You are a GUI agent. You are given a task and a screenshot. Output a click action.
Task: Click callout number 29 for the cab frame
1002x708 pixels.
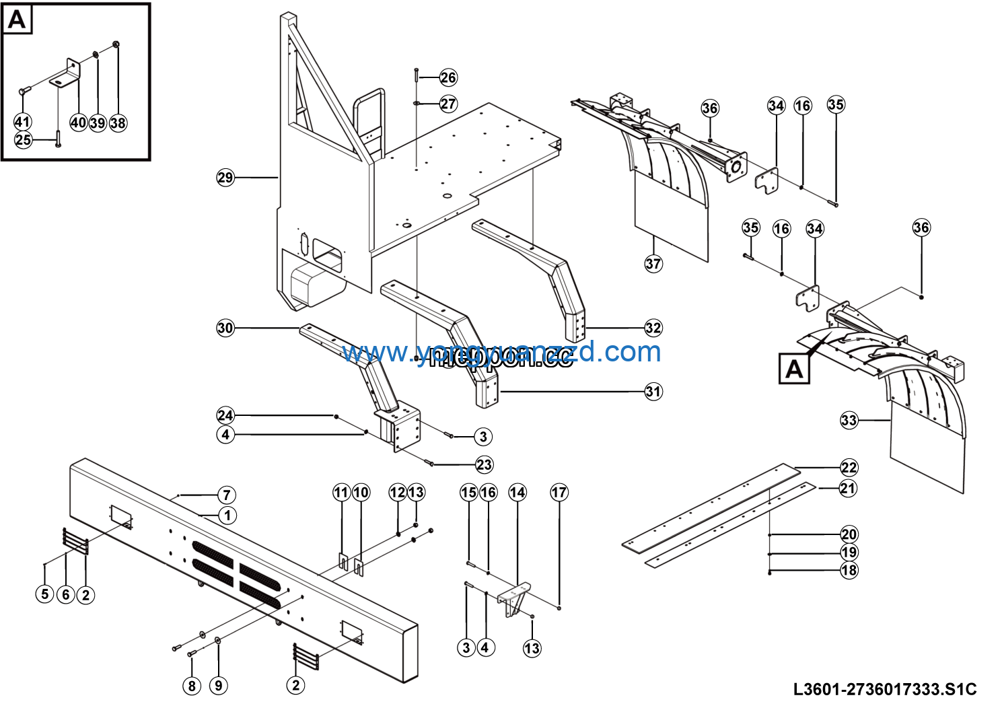pos(225,178)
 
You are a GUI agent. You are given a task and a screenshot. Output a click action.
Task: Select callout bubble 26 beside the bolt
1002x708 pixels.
pos(448,77)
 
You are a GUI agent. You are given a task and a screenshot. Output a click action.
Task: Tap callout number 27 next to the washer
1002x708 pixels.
pos(448,104)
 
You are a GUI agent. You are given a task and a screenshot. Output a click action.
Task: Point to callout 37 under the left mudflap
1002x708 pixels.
pos(653,263)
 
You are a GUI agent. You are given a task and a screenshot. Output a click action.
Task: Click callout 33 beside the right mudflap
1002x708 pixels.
pos(849,421)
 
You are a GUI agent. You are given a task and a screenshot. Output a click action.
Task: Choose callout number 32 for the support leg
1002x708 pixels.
pos(653,328)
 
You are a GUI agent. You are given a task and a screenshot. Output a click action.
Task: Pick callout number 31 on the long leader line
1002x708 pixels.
pos(653,391)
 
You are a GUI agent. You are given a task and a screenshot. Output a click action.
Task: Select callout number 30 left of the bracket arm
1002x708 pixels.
pos(225,328)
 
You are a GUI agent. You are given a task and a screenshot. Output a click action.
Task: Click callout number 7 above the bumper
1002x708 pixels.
pos(227,495)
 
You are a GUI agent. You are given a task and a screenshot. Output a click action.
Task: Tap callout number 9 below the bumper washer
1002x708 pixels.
pos(218,685)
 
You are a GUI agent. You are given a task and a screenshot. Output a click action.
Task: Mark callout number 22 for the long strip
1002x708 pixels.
pos(849,467)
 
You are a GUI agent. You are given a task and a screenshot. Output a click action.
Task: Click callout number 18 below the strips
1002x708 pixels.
pos(849,570)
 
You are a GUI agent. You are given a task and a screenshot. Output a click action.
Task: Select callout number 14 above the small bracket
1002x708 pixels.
pos(517,493)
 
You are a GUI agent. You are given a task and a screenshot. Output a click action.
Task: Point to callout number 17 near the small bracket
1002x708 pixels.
pos(559,493)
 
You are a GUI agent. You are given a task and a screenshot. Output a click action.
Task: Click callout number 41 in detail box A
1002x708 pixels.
pos(22,122)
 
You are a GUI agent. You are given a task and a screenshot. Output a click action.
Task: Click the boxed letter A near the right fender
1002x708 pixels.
pos(794,369)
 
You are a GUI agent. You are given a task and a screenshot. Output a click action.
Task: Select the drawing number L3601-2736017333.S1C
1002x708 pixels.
pos(884,689)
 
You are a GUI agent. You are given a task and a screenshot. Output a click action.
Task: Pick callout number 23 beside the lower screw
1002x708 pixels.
pos(484,464)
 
